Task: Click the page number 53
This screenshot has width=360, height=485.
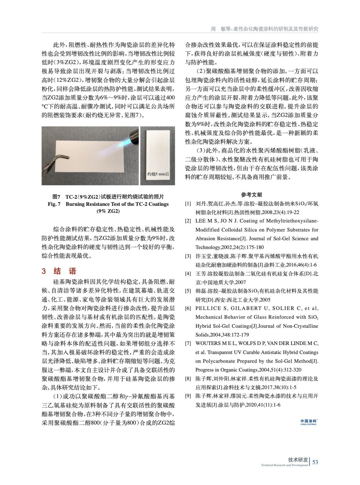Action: [x=315, y=462]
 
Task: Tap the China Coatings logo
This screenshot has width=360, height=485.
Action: [x=308, y=422]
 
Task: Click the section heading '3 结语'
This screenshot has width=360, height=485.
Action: [x=59, y=271]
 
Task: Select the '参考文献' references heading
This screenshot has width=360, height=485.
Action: [x=251, y=195]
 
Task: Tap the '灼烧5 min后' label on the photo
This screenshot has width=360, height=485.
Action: [x=158, y=174]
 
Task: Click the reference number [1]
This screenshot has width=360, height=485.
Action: [x=188, y=204]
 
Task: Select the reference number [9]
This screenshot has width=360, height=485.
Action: [x=188, y=396]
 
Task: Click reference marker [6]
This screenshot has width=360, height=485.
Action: [x=188, y=308]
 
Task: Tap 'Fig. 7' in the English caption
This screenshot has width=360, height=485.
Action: [x=54, y=204]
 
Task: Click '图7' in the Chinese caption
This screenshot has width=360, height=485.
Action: [x=56, y=196]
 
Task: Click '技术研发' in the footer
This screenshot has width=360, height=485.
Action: [x=298, y=460]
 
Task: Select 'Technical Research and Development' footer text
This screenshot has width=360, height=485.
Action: [x=284, y=465]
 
